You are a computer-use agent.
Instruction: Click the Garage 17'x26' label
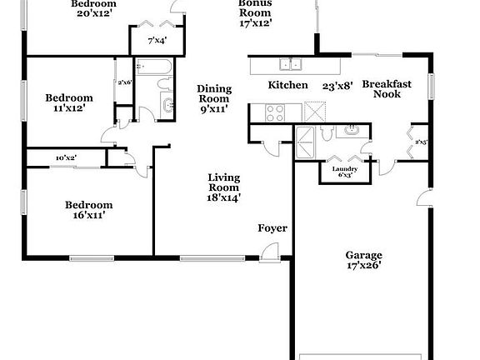[363, 261]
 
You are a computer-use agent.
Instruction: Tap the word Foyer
[272, 227]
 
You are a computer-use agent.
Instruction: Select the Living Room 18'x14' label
[223, 187]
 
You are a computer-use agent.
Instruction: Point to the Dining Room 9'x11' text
[213, 97]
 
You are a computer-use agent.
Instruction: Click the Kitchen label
[288, 85]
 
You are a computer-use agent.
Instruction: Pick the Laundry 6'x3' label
[345, 172]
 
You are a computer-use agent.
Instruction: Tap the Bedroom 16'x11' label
[88, 210]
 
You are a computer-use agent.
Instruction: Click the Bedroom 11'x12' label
[68, 103]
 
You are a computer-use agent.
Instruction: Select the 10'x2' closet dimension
[67, 157]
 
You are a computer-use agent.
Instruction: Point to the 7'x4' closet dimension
[157, 40]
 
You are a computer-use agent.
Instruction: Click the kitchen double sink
[291, 63]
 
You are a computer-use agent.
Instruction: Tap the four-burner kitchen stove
[275, 112]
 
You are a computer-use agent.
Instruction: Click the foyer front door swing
[269, 249]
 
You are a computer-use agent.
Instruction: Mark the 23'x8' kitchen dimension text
[339, 85]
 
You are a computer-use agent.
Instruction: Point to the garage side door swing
[424, 199]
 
